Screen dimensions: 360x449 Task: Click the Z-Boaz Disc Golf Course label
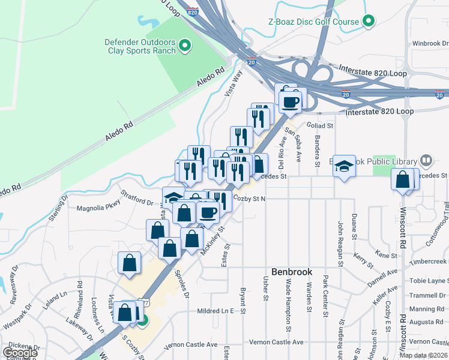[313, 22]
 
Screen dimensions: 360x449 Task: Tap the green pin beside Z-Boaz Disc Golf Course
[369, 22]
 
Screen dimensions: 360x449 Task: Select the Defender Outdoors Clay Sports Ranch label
[141, 46]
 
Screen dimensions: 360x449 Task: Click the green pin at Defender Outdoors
[185, 46]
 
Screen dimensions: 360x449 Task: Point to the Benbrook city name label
[292, 272]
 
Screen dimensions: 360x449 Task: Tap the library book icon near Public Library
[426, 161]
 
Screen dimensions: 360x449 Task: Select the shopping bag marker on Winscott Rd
[402, 179]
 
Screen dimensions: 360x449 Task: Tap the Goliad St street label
[320, 126]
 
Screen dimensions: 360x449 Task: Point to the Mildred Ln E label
[215, 311]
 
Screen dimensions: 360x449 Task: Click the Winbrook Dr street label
[427, 43]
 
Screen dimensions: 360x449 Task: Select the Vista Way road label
[234, 84]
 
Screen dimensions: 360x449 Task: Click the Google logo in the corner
[20, 353]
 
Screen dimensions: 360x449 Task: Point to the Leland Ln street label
[55, 299]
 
